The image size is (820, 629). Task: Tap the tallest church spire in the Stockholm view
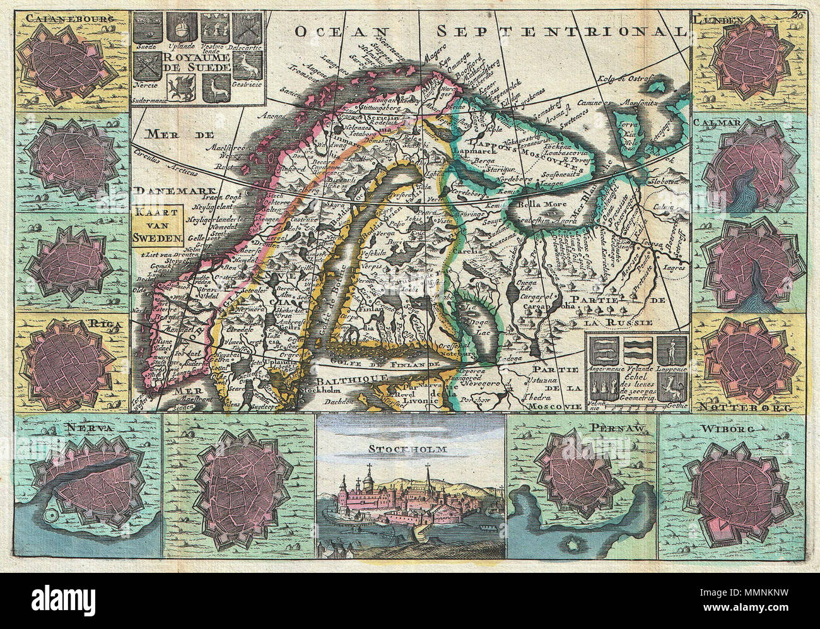[x=427, y=472]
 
